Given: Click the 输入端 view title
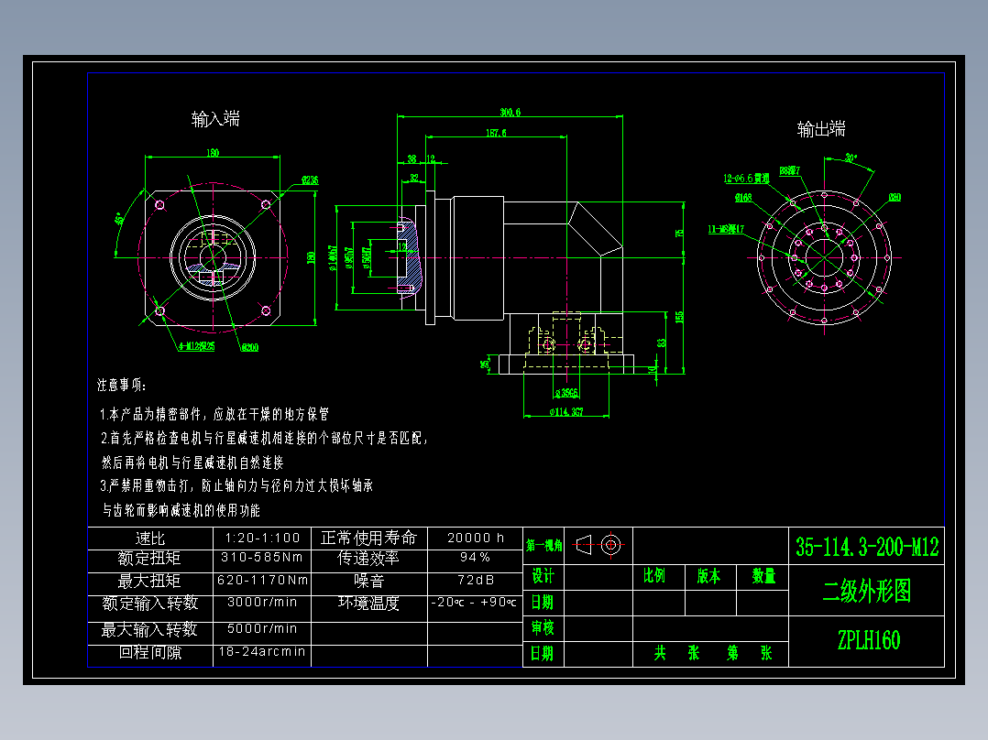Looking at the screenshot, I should coord(215,118).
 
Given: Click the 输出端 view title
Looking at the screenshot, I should coord(821,129).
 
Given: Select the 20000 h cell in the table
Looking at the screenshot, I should coord(475,538).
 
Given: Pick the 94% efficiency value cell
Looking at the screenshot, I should coord(475,557).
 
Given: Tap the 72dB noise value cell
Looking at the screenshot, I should coord(475,581).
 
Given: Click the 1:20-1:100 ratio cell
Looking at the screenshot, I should coord(262,538).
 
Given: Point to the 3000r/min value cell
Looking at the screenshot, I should coord(262,603).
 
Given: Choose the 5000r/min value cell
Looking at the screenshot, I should coord(262,629).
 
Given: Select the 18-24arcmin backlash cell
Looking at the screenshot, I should coord(262,652).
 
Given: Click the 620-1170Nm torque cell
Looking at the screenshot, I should coord(262,581).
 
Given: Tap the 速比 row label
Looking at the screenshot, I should coord(149,539).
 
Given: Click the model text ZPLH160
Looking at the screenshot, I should coord(867,639).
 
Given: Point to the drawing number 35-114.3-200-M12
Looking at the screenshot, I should coord(867,548).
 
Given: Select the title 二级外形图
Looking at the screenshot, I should coord(867,592).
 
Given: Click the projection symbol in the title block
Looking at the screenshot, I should coord(601,544).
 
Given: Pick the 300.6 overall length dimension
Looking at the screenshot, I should coord(510,112).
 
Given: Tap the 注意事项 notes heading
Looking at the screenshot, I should coord(122,385).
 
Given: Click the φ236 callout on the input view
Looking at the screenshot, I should coord(309,180).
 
